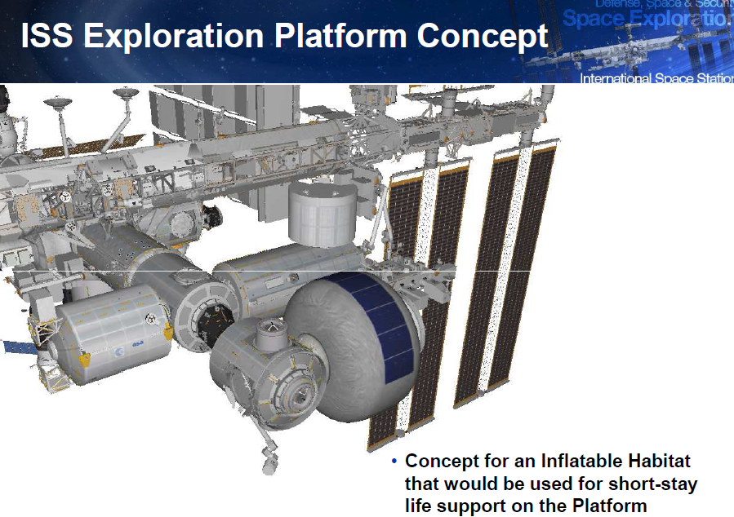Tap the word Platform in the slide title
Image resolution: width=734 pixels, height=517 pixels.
346,37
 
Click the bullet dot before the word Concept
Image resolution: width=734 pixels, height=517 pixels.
394,462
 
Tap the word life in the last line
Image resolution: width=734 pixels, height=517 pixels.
419,506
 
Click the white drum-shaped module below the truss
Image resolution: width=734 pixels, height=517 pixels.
323,214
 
